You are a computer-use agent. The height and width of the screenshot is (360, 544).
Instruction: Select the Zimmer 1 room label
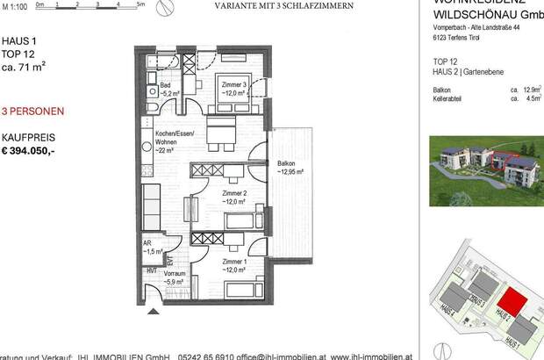233,264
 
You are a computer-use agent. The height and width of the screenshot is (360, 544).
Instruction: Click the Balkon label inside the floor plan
286,167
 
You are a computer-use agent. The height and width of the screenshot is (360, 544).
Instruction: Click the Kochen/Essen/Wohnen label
167,140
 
